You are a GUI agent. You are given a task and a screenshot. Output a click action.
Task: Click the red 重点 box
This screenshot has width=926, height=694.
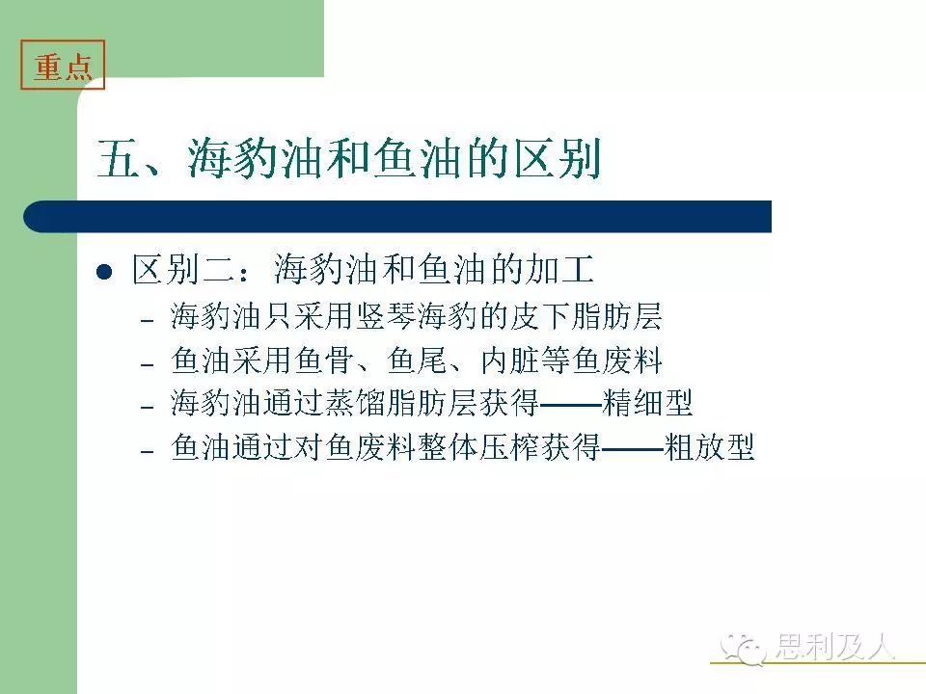click(x=63, y=65)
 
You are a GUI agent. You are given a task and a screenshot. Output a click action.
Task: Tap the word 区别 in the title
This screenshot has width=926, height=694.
click(x=558, y=158)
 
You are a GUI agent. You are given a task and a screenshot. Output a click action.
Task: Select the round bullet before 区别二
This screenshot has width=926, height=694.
click(x=104, y=272)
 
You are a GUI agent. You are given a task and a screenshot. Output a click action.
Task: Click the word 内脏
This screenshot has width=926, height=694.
click(x=510, y=360)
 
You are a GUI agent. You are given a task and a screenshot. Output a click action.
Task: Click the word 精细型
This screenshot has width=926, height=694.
click(x=647, y=404)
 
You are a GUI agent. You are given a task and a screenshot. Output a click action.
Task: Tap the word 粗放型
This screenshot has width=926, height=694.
click(x=709, y=447)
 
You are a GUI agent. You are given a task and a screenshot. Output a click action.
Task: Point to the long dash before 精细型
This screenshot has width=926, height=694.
click(x=570, y=405)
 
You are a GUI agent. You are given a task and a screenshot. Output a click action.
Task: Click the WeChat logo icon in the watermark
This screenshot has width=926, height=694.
click(x=743, y=649)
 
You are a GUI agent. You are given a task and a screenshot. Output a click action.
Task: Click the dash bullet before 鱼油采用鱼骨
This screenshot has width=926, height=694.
click(x=147, y=364)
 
